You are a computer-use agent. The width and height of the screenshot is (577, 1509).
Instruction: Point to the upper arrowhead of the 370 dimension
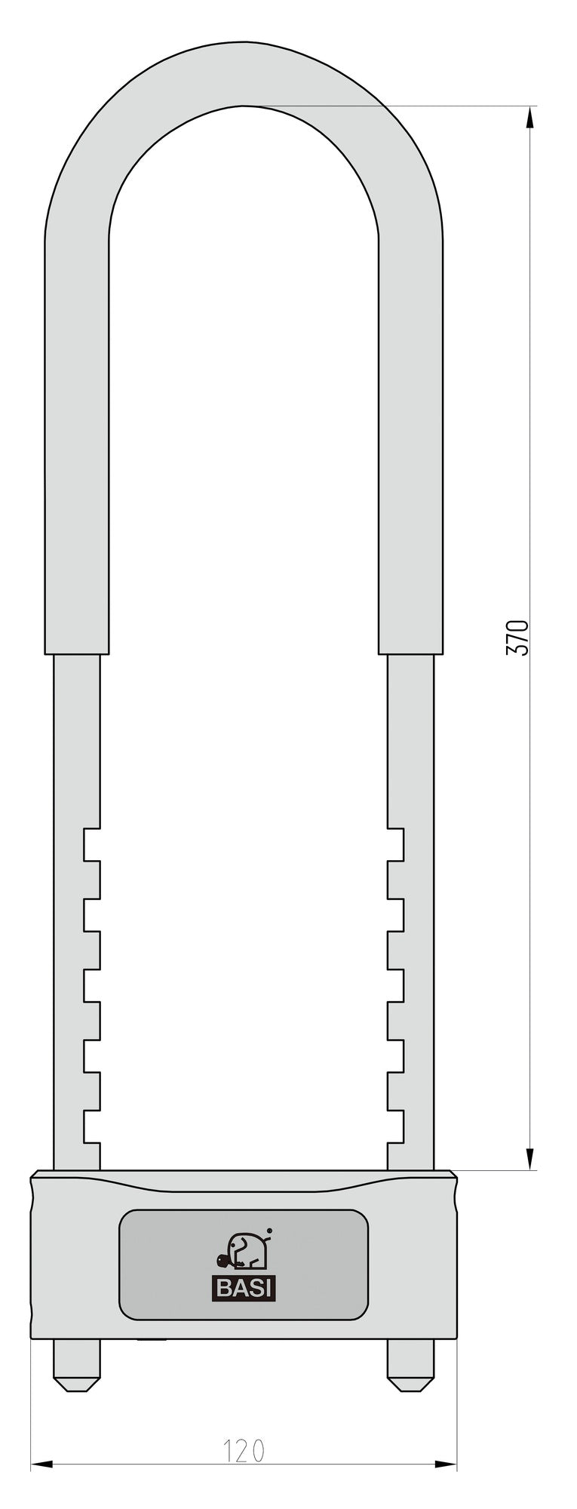point(529,117)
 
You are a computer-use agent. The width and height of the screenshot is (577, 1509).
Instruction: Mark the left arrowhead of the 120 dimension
point(42,1464)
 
